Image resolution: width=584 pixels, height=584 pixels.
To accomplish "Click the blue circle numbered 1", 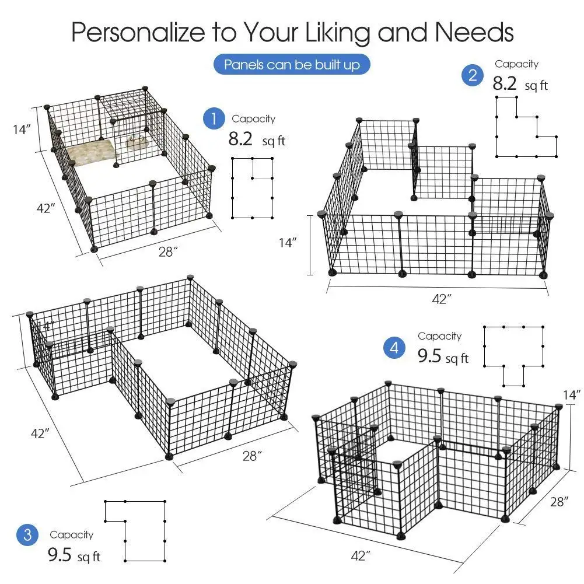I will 214,119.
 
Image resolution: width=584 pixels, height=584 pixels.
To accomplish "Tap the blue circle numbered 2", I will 473,75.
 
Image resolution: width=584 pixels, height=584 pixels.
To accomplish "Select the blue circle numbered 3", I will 27,535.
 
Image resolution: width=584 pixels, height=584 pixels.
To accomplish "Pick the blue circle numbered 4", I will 395,349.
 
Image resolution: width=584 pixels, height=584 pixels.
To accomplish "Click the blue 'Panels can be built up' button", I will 292,64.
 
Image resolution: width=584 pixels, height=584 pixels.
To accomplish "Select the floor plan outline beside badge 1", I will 252,187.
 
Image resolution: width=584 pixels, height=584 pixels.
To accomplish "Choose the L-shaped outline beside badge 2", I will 525,127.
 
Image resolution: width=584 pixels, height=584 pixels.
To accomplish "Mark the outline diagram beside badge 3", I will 135,530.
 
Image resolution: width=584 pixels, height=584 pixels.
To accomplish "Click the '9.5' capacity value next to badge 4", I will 429,356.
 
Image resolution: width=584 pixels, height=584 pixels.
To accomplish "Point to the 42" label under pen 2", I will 441,299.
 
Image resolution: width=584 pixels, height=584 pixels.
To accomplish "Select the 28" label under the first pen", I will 167,251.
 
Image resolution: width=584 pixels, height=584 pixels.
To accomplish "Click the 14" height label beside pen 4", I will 573,395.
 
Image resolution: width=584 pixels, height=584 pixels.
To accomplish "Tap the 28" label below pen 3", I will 251,456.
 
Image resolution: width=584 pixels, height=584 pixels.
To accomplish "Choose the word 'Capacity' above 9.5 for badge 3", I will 71,534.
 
